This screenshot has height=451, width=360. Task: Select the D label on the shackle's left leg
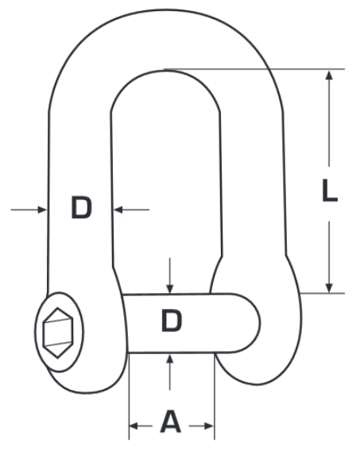pos(80,209)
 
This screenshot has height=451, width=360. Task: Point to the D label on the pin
pos(172,322)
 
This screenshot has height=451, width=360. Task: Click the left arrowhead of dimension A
pos(134,426)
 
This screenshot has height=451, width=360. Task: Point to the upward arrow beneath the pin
pos(169,358)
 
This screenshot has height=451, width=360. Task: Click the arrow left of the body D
pos(40,209)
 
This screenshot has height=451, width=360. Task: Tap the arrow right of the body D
pos(118,209)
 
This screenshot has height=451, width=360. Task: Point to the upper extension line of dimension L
pos(254,68)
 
